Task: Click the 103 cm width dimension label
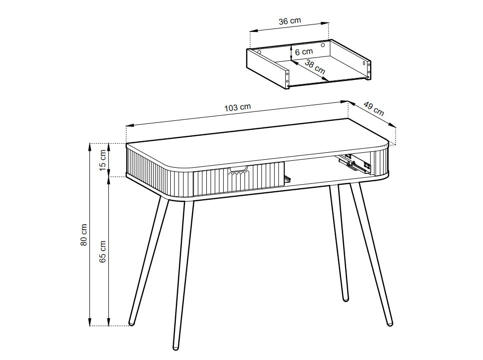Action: pyautogui.click(x=238, y=107)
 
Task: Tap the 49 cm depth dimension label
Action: pyautogui.click(x=373, y=109)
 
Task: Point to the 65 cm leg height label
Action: pyautogui.click(x=102, y=251)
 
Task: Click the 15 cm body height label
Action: pyautogui.click(x=102, y=160)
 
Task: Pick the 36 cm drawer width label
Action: pyautogui.click(x=289, y=21)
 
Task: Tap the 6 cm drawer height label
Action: pyautogui.click(x=303, y=51)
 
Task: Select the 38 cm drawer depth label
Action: pyautogui.click(x=315, y=66)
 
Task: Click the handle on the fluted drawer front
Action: pyautogui.click(x=238, y=170)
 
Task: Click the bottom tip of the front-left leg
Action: pyautogui.click(x=175, y=346)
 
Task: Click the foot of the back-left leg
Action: pyautogui.click(x=131, y=323)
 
